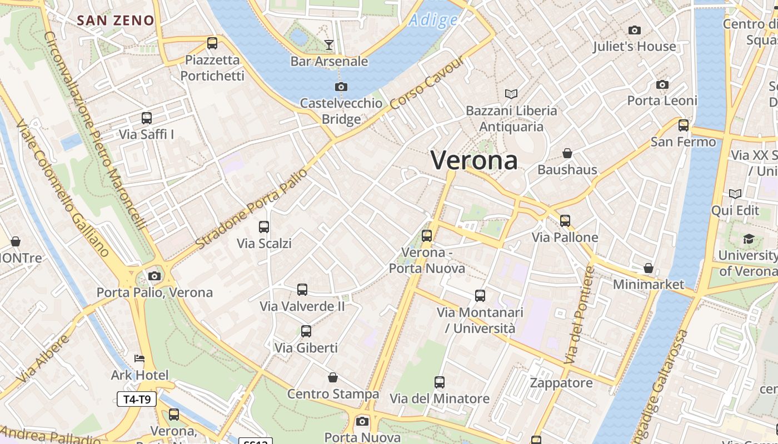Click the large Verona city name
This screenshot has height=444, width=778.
[474, 160]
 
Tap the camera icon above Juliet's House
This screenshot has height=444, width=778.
[634, 30]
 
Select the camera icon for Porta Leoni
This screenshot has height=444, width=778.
[662, 84]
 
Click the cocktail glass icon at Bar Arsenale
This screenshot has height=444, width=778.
[329, 44]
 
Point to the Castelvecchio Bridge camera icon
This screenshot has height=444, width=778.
[341, 87]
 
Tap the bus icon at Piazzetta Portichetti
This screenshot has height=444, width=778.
[212, 43]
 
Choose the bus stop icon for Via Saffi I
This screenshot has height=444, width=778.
[147, 118]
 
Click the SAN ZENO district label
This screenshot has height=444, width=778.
[116, 21]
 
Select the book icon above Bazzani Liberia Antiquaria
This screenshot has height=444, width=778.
[511, 94]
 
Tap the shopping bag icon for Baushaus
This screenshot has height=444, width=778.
[567, 153]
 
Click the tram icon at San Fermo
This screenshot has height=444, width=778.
[683, 125]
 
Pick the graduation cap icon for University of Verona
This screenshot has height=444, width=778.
[749, 239]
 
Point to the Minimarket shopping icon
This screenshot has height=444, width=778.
[648, 268]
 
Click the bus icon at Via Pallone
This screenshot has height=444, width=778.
[565, 220]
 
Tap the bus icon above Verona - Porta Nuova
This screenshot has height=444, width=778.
[427, 235]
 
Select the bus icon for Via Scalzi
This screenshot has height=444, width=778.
[264, 226]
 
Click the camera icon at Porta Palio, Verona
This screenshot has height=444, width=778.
[154, 276]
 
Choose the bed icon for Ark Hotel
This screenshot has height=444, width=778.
[139, 359]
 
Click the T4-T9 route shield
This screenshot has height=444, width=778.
[137, 398]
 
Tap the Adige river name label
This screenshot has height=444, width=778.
[433, 21]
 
